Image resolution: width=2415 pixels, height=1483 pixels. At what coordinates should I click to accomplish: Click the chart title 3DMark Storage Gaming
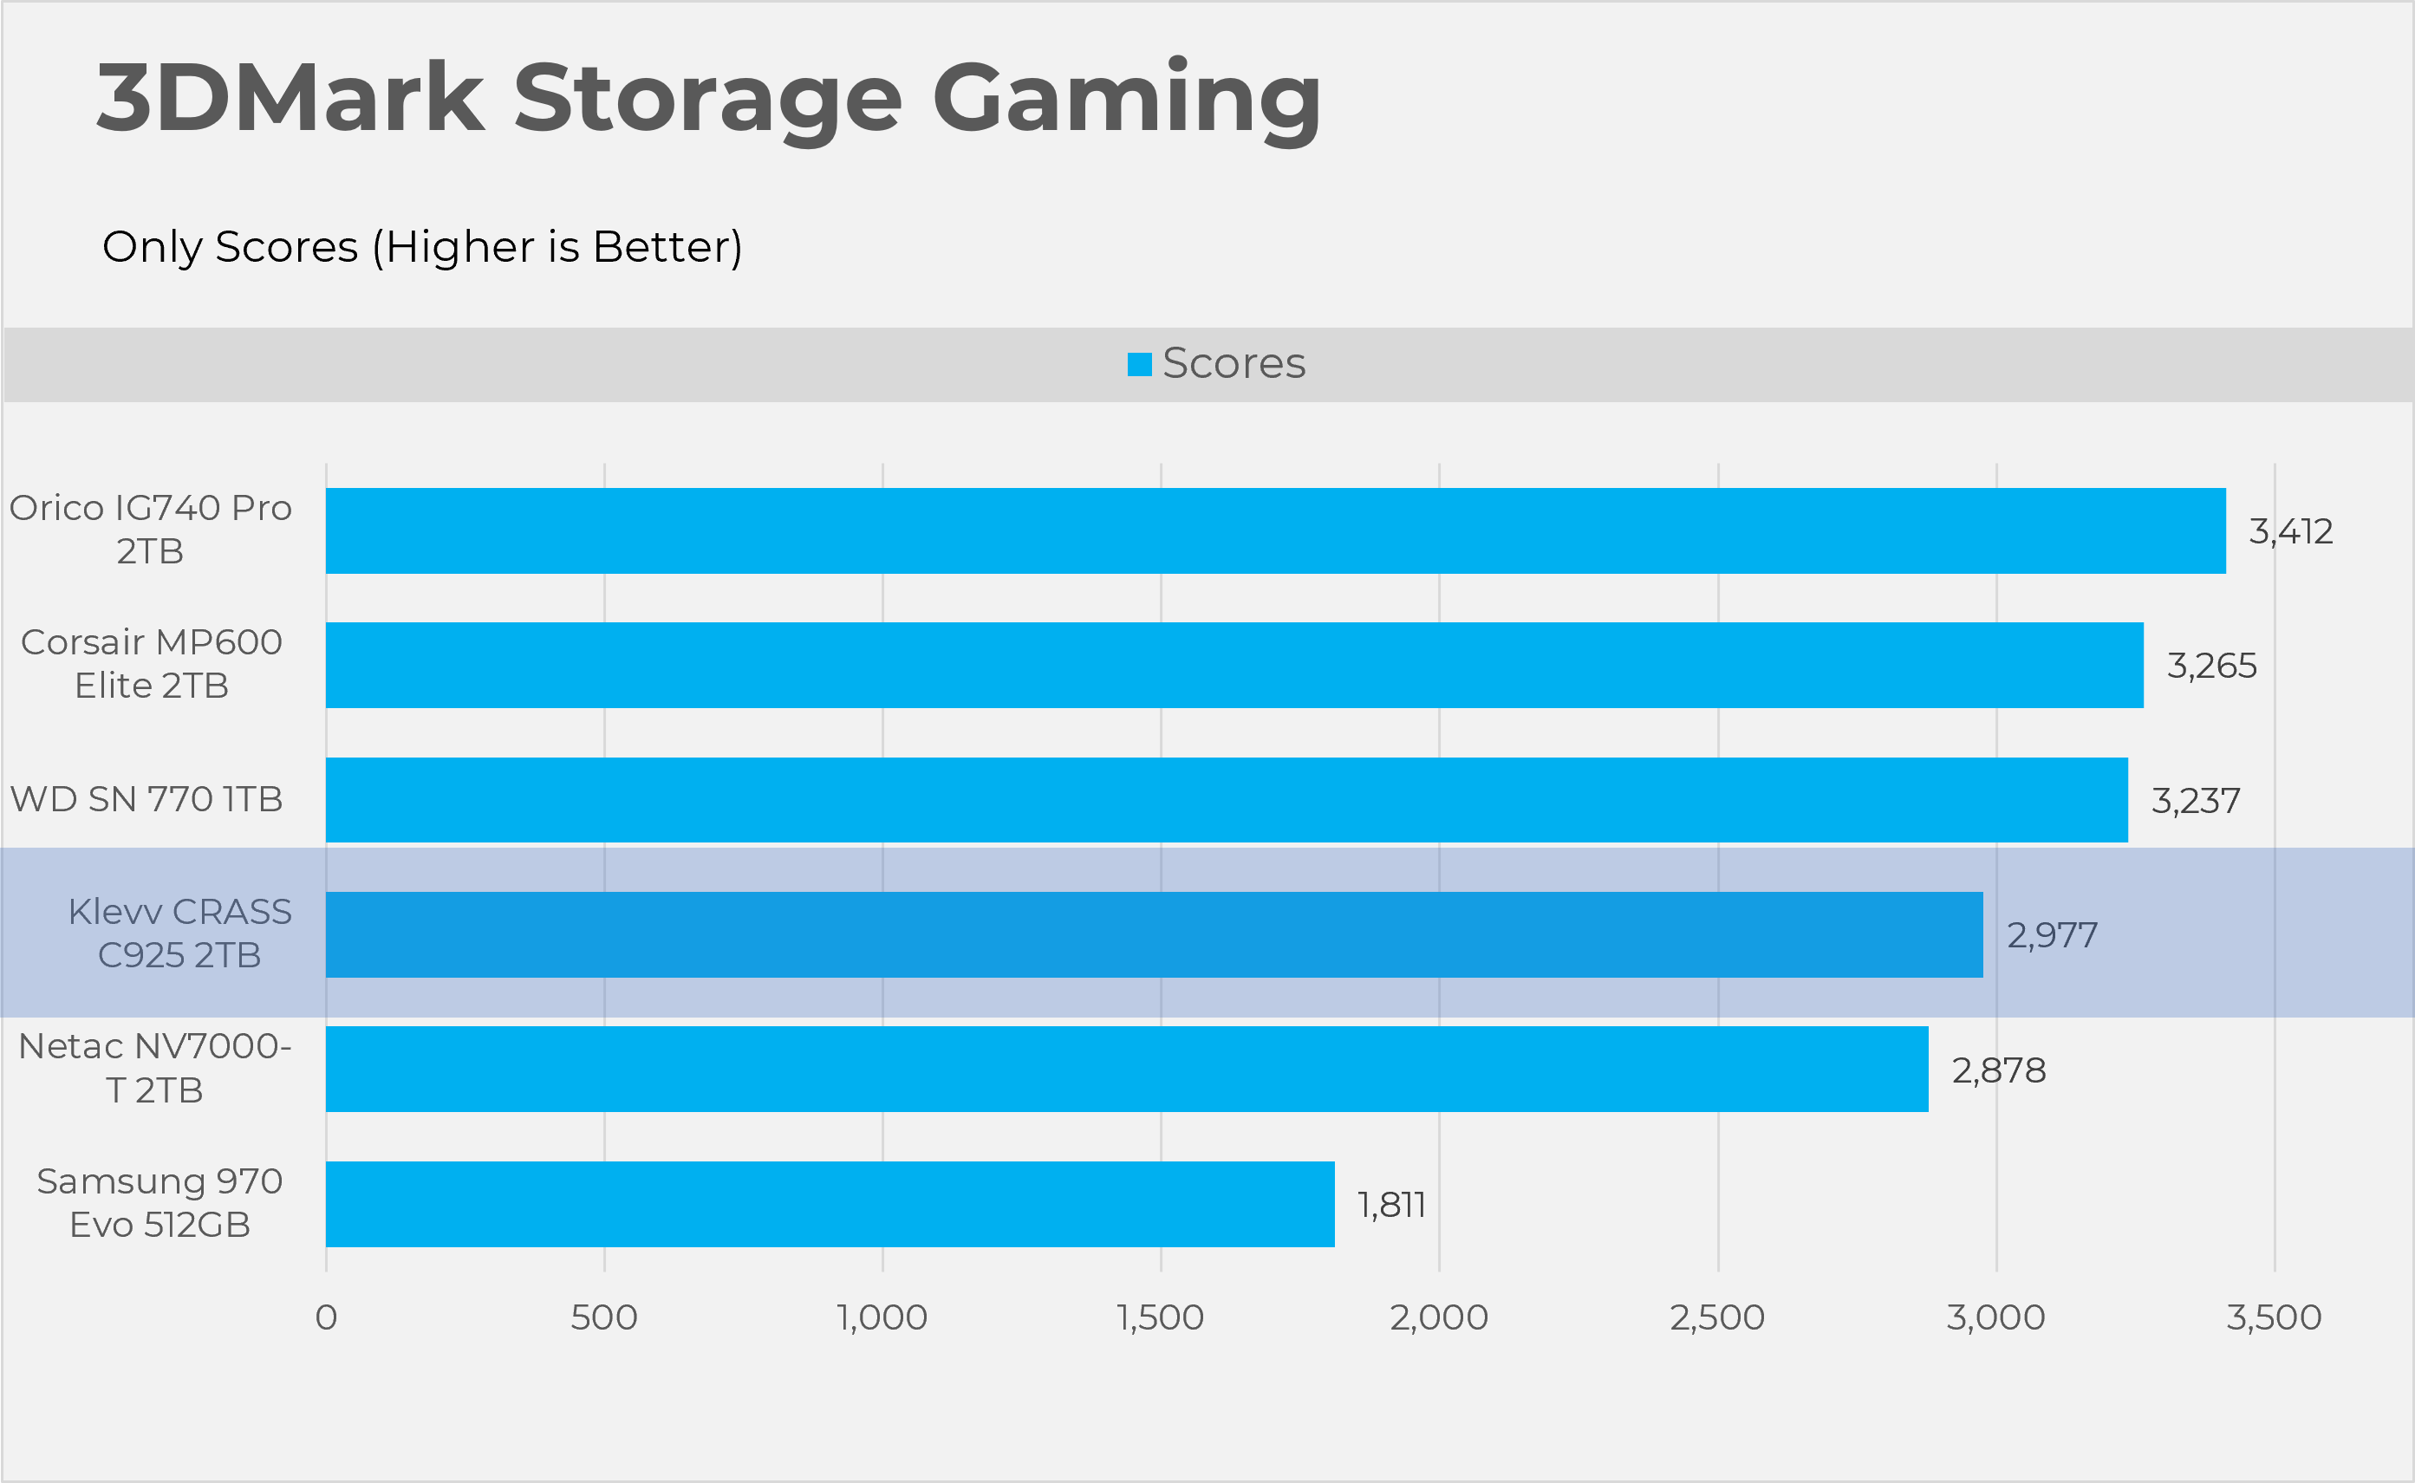tap(708, 98)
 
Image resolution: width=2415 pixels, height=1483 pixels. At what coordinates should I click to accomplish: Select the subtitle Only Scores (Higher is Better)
tap(422, 246)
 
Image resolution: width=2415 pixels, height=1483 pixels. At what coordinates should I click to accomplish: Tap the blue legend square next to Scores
tap(1139, 364)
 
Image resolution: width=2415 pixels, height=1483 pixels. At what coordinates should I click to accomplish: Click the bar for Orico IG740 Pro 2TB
tap(1275, 530)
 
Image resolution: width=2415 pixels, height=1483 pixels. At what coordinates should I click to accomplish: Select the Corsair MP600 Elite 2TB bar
tap(1234, 665)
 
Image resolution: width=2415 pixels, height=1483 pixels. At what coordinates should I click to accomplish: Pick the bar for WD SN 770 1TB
tap(1227, 799)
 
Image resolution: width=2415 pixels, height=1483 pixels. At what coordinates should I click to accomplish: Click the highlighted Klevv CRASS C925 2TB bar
tap(1154, 934)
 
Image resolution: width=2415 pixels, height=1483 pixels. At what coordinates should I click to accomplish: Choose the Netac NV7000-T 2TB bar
tap(1126, 1069)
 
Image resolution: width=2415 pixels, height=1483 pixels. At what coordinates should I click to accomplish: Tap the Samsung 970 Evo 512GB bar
tap(830, 1205)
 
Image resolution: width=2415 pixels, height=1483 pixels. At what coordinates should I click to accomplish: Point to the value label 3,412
tap(2290, 531)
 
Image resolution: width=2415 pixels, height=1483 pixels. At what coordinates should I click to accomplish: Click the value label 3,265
tap(2211, 666)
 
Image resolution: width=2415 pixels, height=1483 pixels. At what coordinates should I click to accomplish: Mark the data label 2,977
tap(2051, 936)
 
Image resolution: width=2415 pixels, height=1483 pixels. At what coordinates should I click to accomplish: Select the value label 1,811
tap(1391, 1206)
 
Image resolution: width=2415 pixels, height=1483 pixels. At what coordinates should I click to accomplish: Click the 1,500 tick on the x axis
tap(1160, 1317)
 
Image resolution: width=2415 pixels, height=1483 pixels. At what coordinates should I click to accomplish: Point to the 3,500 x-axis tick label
tap(2274, 1317)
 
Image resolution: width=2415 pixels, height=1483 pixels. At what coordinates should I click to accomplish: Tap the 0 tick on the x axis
tap(326, 1317)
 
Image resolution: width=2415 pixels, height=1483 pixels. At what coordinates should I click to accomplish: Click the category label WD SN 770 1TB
tap(146, 799)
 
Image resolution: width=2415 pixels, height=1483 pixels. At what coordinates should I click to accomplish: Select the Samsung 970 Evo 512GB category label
tap(159, 1202)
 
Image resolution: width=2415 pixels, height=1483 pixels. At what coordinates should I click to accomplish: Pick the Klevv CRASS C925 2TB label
tap(179, 933)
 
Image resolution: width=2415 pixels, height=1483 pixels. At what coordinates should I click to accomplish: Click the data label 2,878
tap(1998, 1070)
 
